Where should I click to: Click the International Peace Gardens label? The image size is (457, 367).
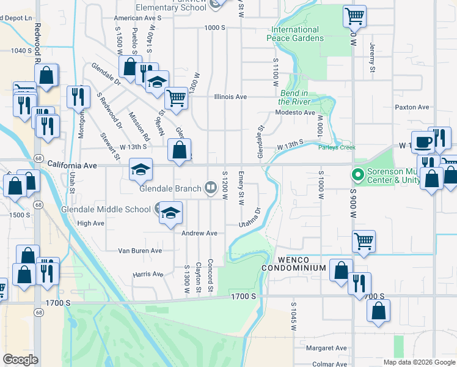(x=295, y=34)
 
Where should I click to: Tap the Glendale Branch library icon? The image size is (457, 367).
(x=211, y=187)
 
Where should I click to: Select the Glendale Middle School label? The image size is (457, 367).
(x=106, y=209)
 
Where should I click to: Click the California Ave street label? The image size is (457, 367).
(x=72, y=166)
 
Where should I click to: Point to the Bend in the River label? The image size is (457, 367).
(x=295, y=97)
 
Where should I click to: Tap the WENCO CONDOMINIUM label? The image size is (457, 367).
(x=294, y=264)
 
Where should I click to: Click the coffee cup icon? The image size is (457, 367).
(x=423, y=143)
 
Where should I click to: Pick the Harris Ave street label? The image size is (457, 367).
(x=148, y=274)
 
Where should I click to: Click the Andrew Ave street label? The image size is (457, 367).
(x=199, y=233)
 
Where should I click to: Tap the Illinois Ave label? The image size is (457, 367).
(x=230, y=97)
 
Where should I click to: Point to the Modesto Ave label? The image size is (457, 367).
(x=295, y=113)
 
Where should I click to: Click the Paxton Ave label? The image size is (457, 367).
(x=412, y=107)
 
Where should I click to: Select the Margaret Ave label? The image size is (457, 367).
(x=326, y=348)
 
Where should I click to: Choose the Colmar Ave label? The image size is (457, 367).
(x=329, y=364)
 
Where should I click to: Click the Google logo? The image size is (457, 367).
(x=20, y=360)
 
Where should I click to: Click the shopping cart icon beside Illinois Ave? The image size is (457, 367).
(x=176, y=97)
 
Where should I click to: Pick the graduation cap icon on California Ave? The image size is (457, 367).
(x=141, y=169)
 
